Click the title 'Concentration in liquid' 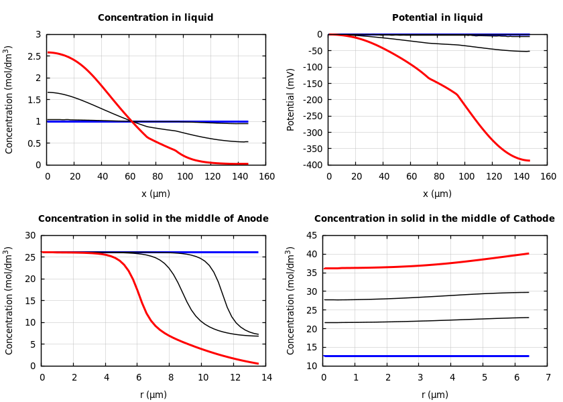[x=155, y=18]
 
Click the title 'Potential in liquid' [x=437, y=18]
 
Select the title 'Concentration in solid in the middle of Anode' [x=153, y=219]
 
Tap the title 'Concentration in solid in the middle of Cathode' [x=434, y=219]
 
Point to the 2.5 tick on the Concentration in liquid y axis [x=34, y=56]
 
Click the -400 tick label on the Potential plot [x=312, y=165]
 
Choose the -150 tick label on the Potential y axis [x=312, y=100]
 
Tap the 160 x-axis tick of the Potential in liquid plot [x=548, y=177]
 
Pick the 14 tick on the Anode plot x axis [x=266, y=378]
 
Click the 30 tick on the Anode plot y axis [x=29, y=235]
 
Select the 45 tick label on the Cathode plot [x=310, y=235]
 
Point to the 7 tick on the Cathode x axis [x=548, y=378]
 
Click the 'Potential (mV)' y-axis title [x=291, y=99]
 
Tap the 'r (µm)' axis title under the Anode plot [x=153, y=395]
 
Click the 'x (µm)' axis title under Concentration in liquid [x=155, y=194]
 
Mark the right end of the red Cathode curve [x=529, y=253]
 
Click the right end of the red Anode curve [x=258, y=364]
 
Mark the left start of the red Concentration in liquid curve [x=48, y=52]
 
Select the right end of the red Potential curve [x=529, y=161]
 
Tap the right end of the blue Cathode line [x=529, y=356]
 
